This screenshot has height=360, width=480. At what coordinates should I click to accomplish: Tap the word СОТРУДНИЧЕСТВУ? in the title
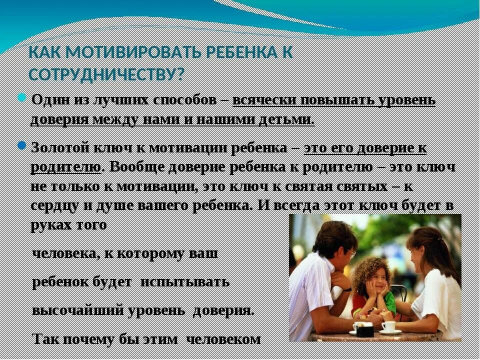(106, 73)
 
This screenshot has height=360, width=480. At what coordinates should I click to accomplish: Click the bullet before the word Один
(22, 96)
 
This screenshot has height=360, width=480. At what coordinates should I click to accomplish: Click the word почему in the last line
(81, 338)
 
